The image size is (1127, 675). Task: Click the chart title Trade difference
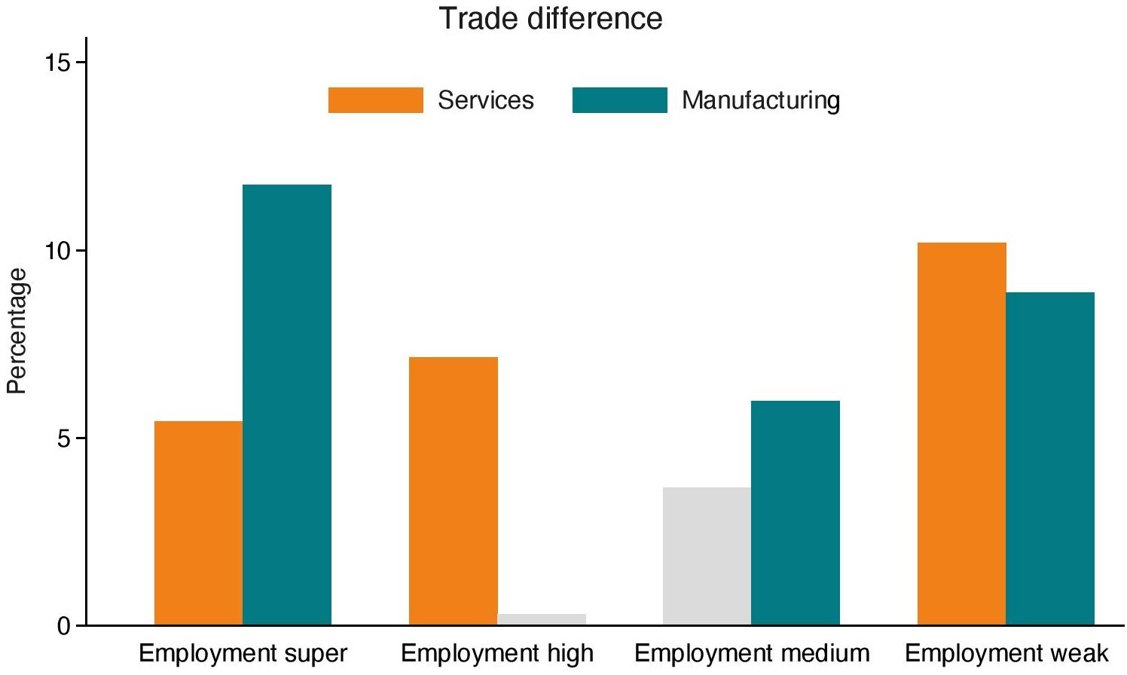(551, 18)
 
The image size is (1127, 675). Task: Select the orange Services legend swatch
(375, 100)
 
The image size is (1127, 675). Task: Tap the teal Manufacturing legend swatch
(619, 100)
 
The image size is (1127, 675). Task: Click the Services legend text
(486, 100)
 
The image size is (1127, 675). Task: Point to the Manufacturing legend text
(761, 100)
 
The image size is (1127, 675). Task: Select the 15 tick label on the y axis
(58, 63)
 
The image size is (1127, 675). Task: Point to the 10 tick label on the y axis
(58, 250)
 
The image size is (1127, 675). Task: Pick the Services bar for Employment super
(198, 523)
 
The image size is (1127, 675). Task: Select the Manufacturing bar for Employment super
(287, 405)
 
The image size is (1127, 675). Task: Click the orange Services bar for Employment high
(453, 491)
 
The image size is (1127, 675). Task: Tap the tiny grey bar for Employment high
(542, 620)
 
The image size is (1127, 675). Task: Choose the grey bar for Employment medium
(707, 557)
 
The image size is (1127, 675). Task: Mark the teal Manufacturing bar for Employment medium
(796, 513)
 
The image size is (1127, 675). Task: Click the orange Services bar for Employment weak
(961, 434)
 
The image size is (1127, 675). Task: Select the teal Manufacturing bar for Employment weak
(1050, 459)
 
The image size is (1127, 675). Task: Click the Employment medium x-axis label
(752, 653)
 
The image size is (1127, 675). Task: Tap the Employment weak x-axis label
(1006, 653)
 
